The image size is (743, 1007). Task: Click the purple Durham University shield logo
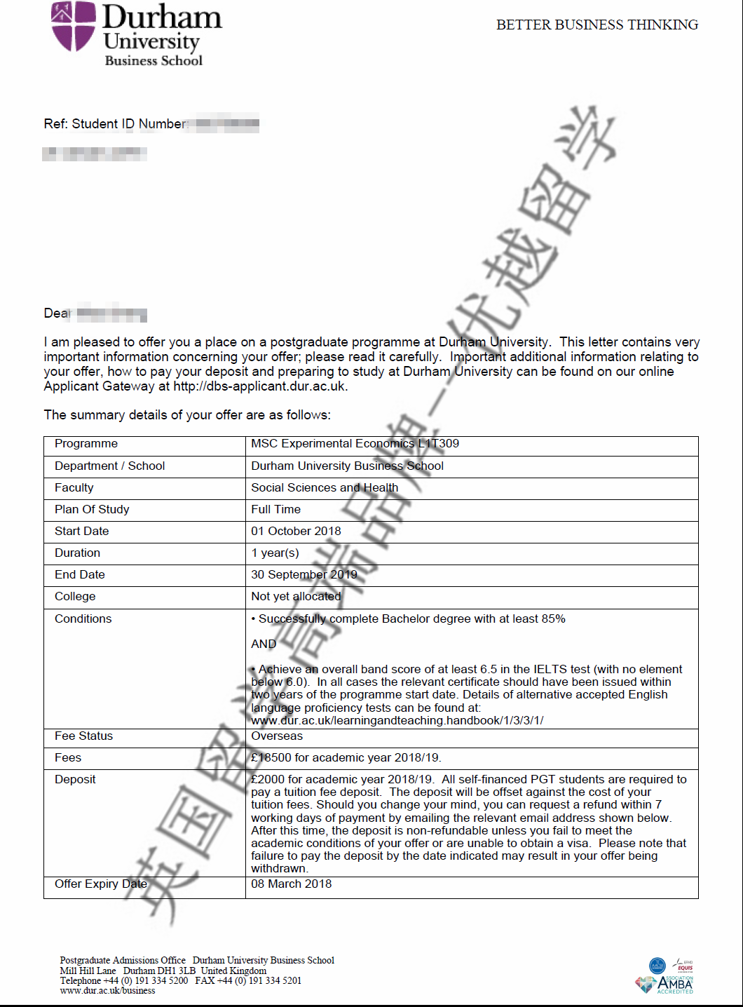click(73, 25)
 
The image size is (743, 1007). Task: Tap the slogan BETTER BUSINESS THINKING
click(597, 25)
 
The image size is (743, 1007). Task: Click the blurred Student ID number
click(227, 124)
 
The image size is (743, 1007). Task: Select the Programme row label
click(86, 444)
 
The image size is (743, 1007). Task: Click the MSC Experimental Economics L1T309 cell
click(355, 444)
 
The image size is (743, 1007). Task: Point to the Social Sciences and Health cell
click(325, 488)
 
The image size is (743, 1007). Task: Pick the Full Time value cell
click(276, 510)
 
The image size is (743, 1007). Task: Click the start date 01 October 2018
click(296, 532)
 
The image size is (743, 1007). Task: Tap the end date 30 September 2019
click(304, 575)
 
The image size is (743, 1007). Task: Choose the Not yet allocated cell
click(296, 597)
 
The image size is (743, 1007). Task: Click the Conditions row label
click(83, 619)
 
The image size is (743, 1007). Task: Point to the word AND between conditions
click(264, 644)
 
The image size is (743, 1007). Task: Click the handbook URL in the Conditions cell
click(397, 721)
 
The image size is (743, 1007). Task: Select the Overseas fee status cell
click(277, 736)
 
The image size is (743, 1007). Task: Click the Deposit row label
click(75, 780)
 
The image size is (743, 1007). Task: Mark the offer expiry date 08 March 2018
click(292, 884)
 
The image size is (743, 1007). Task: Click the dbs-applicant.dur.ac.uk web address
click(259, 386)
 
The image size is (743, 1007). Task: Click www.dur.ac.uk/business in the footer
click(107, 991)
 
